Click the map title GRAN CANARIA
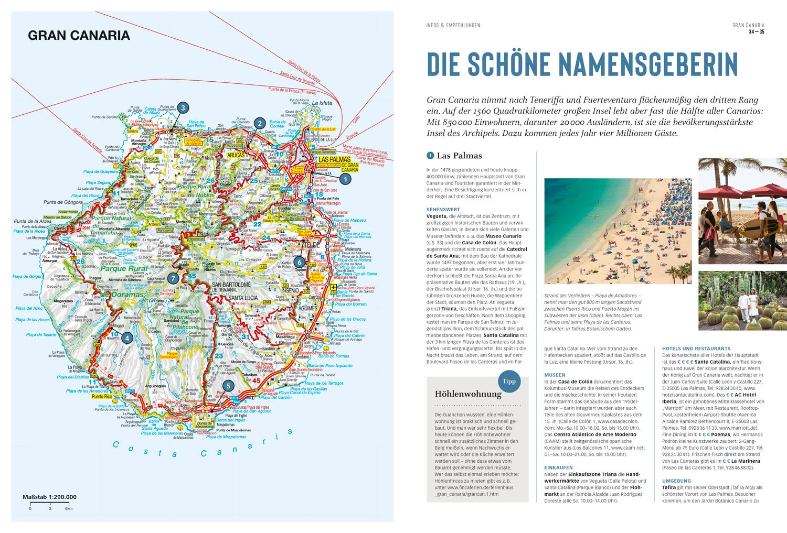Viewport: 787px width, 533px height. tap(79, 36)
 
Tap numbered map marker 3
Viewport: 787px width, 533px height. tap(182, 108)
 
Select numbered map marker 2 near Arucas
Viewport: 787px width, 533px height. tap(259, 123)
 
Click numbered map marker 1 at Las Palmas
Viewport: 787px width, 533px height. tap(345, 179)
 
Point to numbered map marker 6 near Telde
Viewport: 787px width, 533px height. tap(299, 262)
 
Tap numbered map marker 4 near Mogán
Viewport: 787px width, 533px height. tap(126, 338)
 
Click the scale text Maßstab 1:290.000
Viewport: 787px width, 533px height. tap(49, 497)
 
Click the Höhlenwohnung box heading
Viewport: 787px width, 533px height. tap(468, 394)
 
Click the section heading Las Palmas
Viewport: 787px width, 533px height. tap(459, 155)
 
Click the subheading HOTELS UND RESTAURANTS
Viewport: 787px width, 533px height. tap(696, 349)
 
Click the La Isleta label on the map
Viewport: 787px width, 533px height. tap(322, 103)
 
